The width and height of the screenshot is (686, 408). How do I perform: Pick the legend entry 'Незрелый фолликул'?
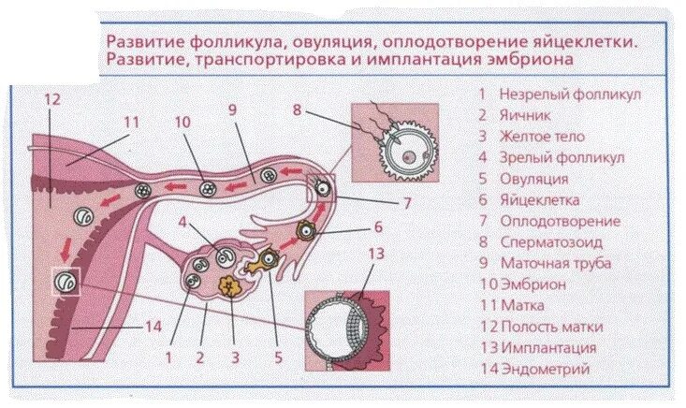[557, 94]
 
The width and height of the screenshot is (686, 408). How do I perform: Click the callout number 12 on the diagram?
[52, 98]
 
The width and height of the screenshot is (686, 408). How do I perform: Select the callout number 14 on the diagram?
[153, 327]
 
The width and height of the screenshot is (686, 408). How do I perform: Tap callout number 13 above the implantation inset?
[374, 254]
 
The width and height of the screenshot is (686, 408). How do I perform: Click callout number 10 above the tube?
[182, 122]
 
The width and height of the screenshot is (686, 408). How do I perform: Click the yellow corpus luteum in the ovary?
[227, 284]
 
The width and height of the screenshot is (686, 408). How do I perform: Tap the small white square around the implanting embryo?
[66, 279]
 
